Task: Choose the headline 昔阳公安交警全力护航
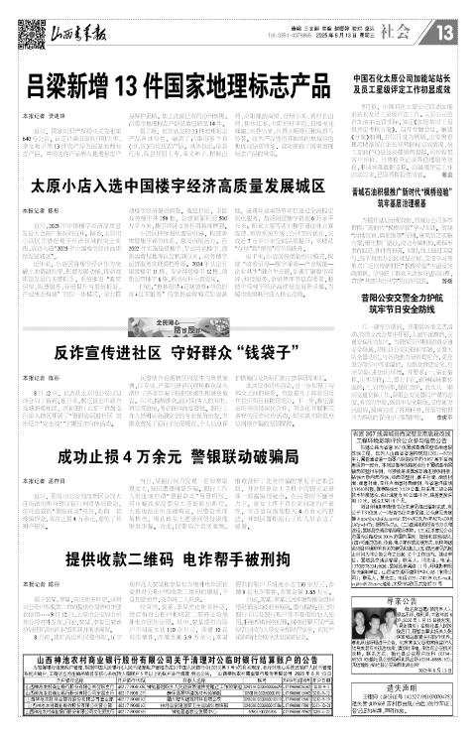tap(405, 295)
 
